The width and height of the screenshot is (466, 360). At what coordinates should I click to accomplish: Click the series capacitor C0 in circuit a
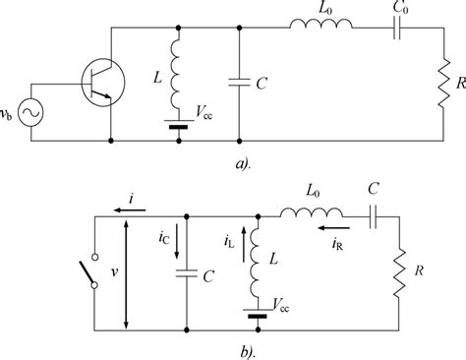(x=397, y=30)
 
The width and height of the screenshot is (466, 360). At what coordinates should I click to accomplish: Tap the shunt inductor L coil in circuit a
(x=179, y=74)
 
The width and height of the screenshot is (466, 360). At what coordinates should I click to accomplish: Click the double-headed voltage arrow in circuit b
(x=128, y=274)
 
